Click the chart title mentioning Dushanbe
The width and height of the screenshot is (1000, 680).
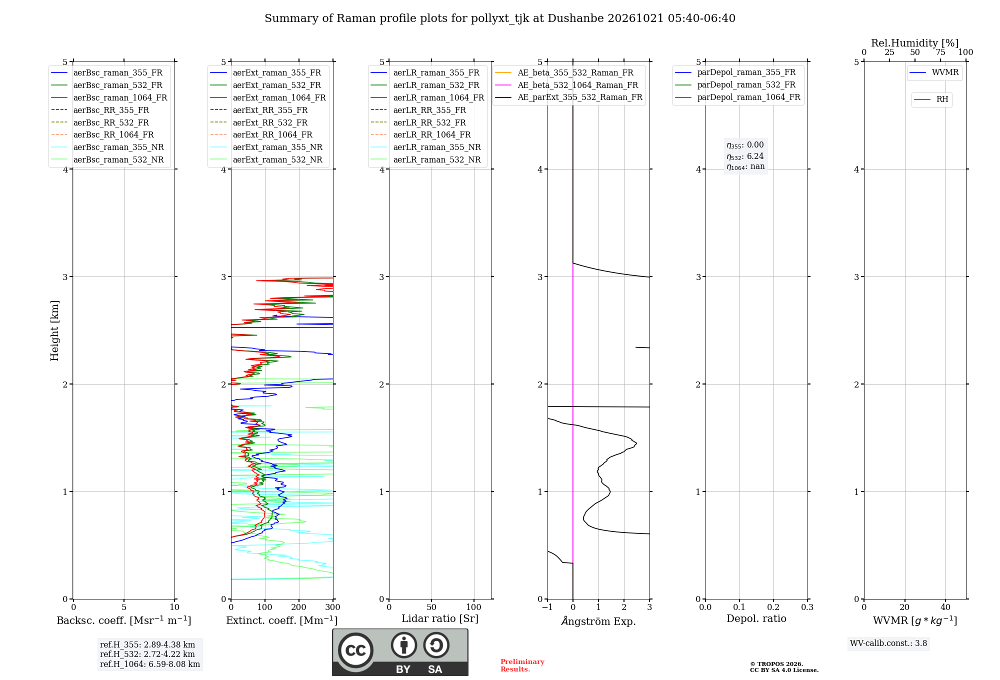(x=500, y=18)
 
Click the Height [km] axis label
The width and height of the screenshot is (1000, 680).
(x=54, y=330)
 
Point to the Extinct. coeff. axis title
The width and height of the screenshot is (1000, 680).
(x=282, y=620)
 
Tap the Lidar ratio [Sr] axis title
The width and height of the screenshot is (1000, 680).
(x=440, y=618)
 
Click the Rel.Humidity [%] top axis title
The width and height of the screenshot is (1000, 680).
(x=914, y=43)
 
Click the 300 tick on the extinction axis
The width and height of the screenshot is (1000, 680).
(x=333, y=607)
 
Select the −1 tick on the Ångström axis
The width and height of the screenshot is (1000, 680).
(x=547, y=607)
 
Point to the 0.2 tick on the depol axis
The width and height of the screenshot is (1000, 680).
(x=773, y=607)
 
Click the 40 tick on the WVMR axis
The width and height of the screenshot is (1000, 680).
(x=945, y=607)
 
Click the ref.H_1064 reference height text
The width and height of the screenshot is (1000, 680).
(x=150, y=664)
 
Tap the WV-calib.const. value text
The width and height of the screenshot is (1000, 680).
(x=888, y=643)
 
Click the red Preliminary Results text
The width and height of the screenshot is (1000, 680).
(x=522, y=665)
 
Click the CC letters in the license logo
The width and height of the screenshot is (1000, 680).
(x=355, y=650)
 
